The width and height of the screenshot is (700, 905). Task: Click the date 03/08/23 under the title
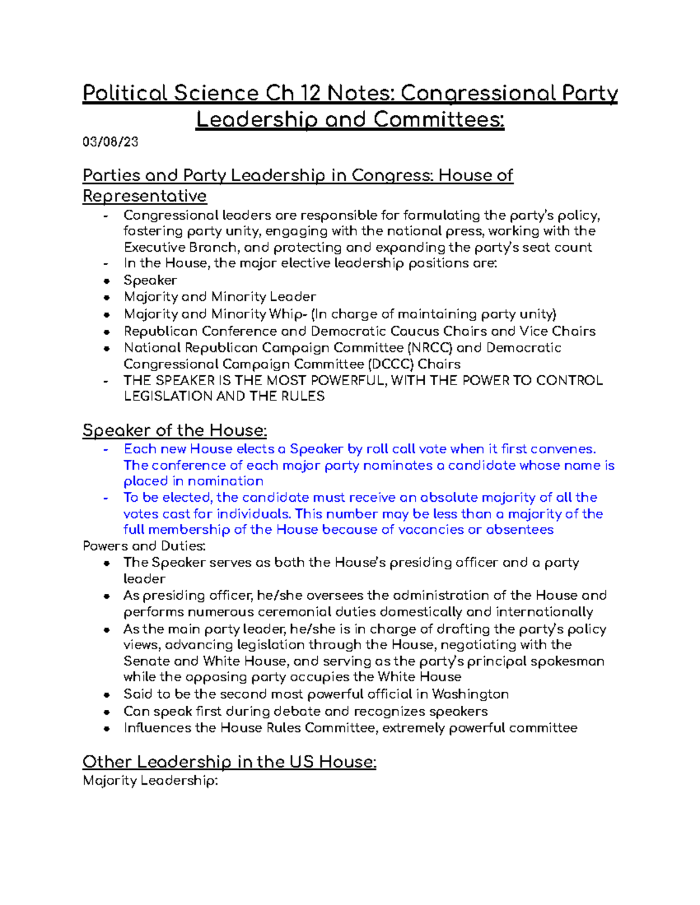[110, 142]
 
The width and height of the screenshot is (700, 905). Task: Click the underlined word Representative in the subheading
[144, 196]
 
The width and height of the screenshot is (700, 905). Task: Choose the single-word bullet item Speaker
[150, 280]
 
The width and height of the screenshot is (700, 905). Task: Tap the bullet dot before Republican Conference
[106, 332]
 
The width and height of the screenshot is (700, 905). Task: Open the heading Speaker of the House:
[174, 431]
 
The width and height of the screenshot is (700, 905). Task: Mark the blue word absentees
[519, 530]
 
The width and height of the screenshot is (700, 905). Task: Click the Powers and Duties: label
[143, 546]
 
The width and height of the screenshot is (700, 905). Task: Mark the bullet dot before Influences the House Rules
[106, 728]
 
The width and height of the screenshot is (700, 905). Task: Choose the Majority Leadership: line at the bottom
[150, 781]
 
